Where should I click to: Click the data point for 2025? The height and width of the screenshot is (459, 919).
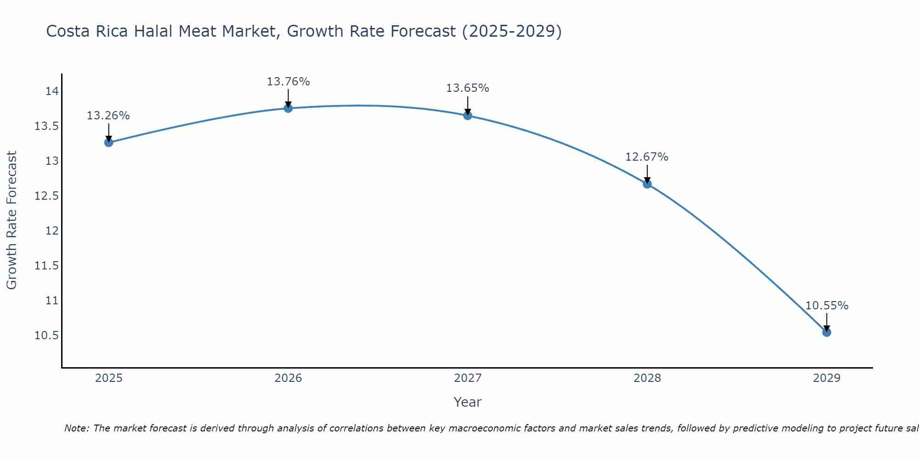coord(108,142)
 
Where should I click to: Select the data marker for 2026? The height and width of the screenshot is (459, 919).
coord(288,108)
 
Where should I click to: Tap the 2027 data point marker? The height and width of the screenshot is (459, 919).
coord(467,115)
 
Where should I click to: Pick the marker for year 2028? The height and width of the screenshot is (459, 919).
coord(647,184)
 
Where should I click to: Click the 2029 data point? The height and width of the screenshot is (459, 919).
coord(826,332)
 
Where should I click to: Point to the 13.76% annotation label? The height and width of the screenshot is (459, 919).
coord(288,82)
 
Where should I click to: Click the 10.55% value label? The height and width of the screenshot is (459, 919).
coord(826,306)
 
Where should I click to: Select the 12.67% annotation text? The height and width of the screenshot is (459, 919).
coord(647,157)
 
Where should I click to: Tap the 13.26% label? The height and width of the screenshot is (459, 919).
coord(108,116)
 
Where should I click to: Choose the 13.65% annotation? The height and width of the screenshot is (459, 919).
coord(467,88)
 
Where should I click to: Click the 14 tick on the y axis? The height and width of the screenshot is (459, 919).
coord(52,91)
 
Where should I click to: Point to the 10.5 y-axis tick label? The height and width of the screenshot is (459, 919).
coord(47,336)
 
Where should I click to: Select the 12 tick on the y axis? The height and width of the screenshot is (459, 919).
coord(52,231)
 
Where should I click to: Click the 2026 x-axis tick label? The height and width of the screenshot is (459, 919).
coord(288,378)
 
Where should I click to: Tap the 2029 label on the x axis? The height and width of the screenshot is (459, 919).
coord(826,378)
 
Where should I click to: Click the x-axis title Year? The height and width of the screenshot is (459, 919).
coord(467,402)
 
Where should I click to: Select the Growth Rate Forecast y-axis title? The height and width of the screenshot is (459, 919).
coord(11,220)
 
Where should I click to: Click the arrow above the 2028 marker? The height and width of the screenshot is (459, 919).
coord(647,173)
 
